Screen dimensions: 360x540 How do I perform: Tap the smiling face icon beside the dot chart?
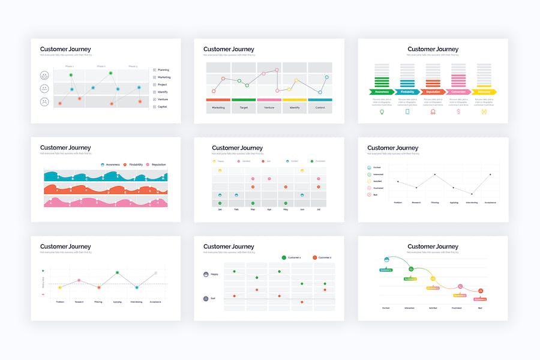tap(44, 76)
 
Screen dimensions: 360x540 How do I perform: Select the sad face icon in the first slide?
tap(44, 102)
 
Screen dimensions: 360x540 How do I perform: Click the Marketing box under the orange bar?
tap(218, 107)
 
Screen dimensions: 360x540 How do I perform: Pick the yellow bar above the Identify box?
tap(295, 100)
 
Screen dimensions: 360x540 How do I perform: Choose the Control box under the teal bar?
tap(320, 107)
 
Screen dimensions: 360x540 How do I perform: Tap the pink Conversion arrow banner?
tap(458, 92)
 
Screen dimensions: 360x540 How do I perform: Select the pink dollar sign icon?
tap(458, 112)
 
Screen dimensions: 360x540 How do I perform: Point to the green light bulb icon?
tap(382, 112)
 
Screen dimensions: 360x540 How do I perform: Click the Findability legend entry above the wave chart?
tap(134, 164)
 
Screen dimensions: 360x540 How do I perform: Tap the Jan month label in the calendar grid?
tap(220, 209)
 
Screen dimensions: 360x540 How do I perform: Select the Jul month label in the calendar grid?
tap(318, 209)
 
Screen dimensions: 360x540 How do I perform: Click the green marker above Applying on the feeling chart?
tap(118, 273)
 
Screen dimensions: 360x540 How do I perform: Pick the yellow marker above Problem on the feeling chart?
tap(60, 287)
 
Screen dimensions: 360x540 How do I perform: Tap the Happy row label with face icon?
tap(211, 274)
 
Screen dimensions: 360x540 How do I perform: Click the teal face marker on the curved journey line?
tap(387, 260)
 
